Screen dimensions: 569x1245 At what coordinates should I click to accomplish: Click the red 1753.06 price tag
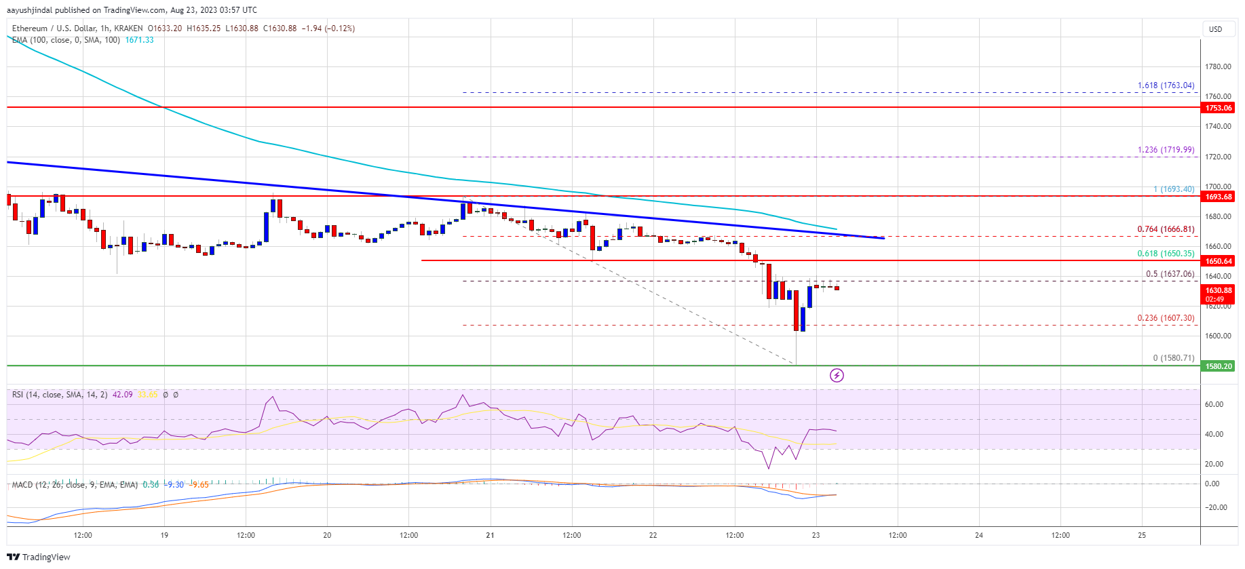click(1218, 108)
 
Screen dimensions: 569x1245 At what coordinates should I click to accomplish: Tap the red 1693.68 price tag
click(1218, 197)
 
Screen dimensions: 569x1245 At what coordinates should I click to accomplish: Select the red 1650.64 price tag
click(1218, 261)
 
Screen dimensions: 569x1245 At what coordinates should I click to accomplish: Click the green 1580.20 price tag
click(1218, 366)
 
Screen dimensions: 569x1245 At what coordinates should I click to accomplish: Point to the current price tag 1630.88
click(1218, 290)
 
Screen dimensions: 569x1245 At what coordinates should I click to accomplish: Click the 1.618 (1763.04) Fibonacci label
click(1166, 85)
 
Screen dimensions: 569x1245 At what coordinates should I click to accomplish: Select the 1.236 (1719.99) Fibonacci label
click(1166, 150)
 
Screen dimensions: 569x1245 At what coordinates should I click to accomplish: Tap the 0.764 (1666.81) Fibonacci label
click(1166, 229)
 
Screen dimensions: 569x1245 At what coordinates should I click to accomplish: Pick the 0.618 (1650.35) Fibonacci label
click(1166, 254)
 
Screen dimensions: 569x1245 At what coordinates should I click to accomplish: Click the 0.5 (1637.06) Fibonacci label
click(1170, 274)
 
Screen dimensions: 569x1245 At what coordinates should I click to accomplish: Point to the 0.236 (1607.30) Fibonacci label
click(1166, 318)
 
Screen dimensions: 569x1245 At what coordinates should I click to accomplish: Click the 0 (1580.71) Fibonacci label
click(1173, 358)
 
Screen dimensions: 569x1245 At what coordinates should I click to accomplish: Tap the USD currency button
click(1215, 29)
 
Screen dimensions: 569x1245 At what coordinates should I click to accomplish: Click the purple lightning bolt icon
click(837, 375)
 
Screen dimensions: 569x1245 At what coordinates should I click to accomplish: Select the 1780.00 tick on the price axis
click(1218, 66)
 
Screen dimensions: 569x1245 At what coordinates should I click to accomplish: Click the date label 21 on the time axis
click(490, 535)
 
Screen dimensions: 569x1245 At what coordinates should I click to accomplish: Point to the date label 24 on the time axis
click(978, 535)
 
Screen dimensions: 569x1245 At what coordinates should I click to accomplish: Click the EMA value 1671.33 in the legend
click(139, 40)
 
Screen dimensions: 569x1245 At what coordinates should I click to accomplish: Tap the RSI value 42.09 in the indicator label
click(122, 395)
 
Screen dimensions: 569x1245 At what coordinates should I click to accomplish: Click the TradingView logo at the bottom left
click(39, 557)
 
